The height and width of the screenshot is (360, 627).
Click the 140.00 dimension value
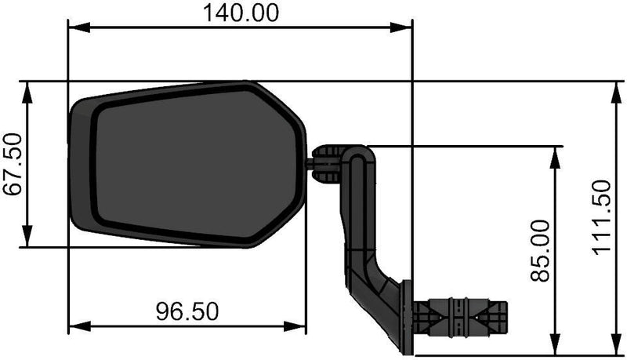pos(240,13)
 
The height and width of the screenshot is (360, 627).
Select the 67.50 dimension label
pos(13,165)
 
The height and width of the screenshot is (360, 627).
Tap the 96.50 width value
pos(187,311)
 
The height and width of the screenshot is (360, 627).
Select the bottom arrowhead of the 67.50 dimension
pos(28,238)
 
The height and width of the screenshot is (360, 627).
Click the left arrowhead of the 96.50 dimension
pos(77,325)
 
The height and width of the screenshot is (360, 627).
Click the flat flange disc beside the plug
pos(405,318)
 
